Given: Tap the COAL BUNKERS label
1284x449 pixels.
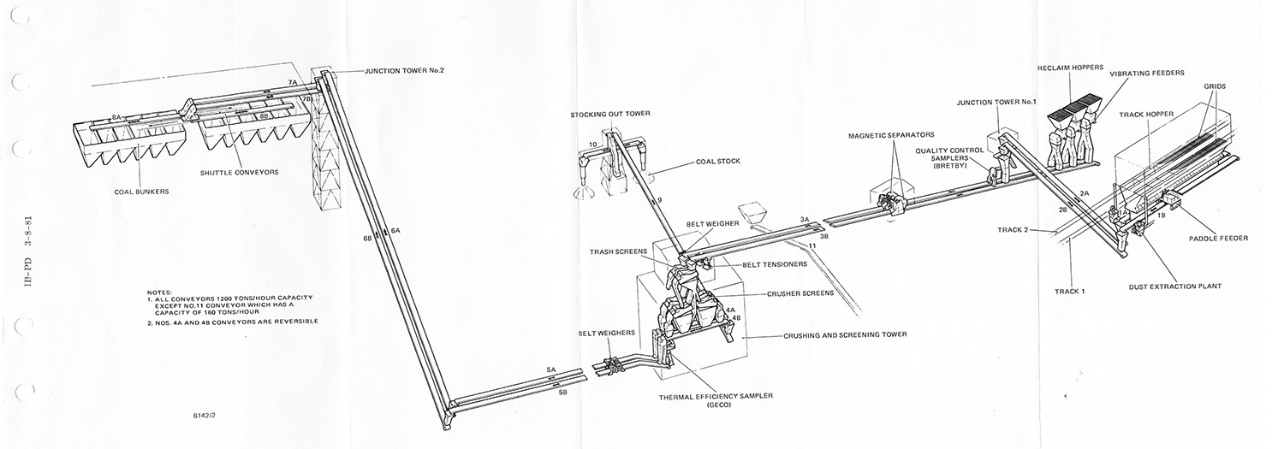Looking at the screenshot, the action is [141, 192].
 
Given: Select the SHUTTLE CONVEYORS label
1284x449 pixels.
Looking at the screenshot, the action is [239, 173].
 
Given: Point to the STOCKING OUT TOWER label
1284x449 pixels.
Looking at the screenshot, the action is [609, 114].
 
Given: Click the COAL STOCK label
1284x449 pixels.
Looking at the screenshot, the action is [717, 162].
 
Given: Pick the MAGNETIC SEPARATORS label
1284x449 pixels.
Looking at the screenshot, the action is [891, 135].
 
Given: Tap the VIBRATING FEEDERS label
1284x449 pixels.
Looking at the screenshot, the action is [1146, 74].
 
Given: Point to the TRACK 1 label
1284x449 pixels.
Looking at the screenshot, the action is [1070, 292].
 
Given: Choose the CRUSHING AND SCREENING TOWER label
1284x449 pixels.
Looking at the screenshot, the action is [845, 334].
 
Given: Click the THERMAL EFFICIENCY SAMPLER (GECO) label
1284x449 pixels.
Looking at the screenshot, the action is [716, 399].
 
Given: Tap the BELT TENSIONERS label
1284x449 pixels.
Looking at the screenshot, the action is [775, 264].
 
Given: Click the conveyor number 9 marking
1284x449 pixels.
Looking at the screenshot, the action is [660, 200].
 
